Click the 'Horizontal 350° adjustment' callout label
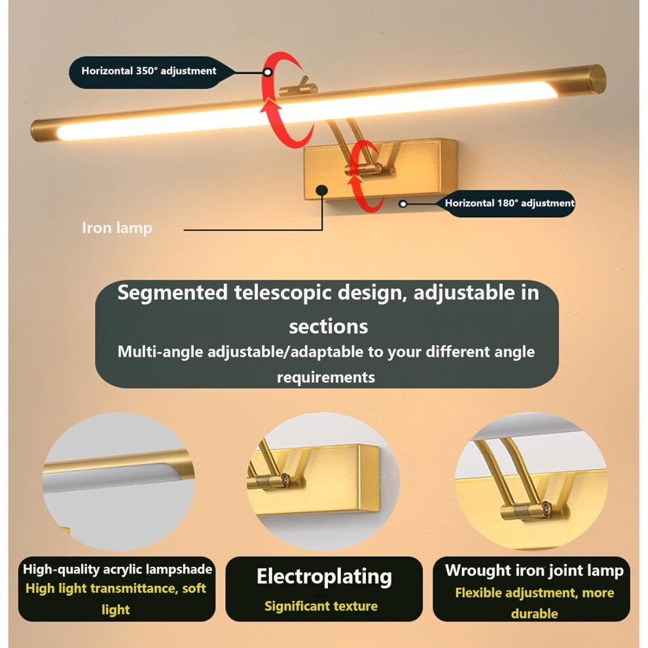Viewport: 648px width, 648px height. (149, 71)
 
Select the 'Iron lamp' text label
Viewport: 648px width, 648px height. (117, 228)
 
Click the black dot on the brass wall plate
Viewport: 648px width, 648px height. (321, 190)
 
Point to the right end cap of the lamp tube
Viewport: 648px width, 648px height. (596, 79)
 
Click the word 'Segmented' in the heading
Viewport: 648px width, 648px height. (172, 293)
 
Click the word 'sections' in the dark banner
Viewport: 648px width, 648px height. (328, 327)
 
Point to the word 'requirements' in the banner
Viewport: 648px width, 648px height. (326, 377)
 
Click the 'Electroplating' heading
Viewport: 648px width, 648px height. (324, 577)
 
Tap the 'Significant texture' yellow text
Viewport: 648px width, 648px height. (321, 606)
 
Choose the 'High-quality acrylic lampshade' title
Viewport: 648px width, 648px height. (117, 569)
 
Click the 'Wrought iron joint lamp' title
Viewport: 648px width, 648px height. (534, 570)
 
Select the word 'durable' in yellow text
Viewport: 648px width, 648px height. (534, 614)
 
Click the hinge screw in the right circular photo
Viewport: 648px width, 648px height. (547, 509)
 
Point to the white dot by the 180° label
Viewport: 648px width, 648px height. (403, 204)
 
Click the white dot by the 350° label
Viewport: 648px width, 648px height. (268, 72)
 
